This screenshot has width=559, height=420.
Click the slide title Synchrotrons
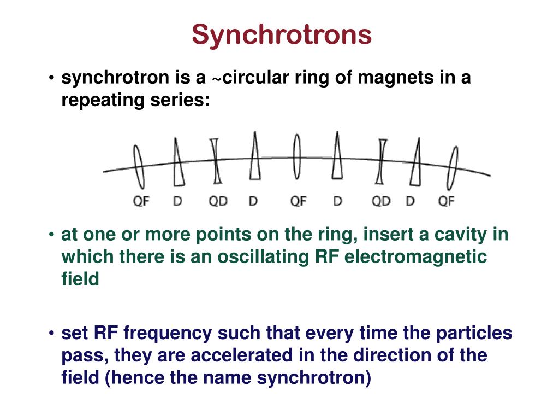click(282, 35)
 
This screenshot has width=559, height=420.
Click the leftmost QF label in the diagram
click(141, 201)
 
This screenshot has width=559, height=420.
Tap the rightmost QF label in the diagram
click(447, 201)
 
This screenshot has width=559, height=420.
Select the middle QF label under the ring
click(298, 201)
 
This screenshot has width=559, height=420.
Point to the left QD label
click(218, 201)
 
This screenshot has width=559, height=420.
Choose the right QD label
click(381, 201)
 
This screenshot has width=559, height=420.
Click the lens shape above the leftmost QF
click(139, 166)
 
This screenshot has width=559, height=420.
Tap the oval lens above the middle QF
click(297, 157)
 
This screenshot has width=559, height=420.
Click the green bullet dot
click(50, 236)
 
